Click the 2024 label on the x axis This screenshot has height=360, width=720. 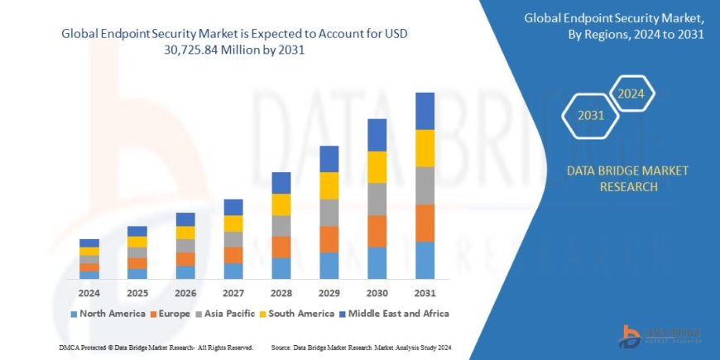click(89, 293)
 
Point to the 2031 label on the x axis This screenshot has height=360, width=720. click(425, 293)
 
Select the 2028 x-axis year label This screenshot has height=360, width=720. click(281, 293)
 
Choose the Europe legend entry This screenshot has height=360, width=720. click(170, 314)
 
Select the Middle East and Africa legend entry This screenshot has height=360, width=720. click(398, 314)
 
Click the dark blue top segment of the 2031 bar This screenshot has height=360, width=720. click(425, 111)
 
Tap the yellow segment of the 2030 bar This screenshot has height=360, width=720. click(377, 167)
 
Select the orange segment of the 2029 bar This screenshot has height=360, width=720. click(329, 239)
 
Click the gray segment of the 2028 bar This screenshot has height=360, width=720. click(281, 226)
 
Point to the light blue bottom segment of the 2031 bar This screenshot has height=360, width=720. click(425, 260)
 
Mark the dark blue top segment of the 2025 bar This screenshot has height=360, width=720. click(137, 231)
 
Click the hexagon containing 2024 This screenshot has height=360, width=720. click(631, 94)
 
